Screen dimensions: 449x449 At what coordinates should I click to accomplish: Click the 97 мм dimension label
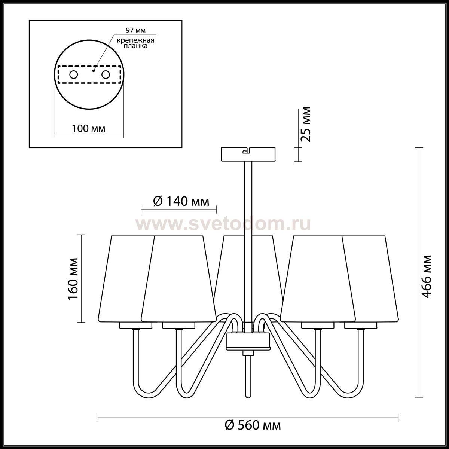(x=135, y=30)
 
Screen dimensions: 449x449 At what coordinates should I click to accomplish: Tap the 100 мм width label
(x=89, y=128)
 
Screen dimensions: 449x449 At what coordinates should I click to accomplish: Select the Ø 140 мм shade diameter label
(x=181, y=201)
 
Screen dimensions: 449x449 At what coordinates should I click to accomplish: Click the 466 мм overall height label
(x=427, y=277)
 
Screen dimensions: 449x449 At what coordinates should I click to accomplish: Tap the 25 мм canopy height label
(x=306, y=124)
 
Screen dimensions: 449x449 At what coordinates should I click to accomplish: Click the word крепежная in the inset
(x=135, y=40)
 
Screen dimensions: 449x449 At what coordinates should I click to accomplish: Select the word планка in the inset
(x=135, y=46)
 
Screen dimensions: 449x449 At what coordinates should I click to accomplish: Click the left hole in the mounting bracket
(x=74, y=75)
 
